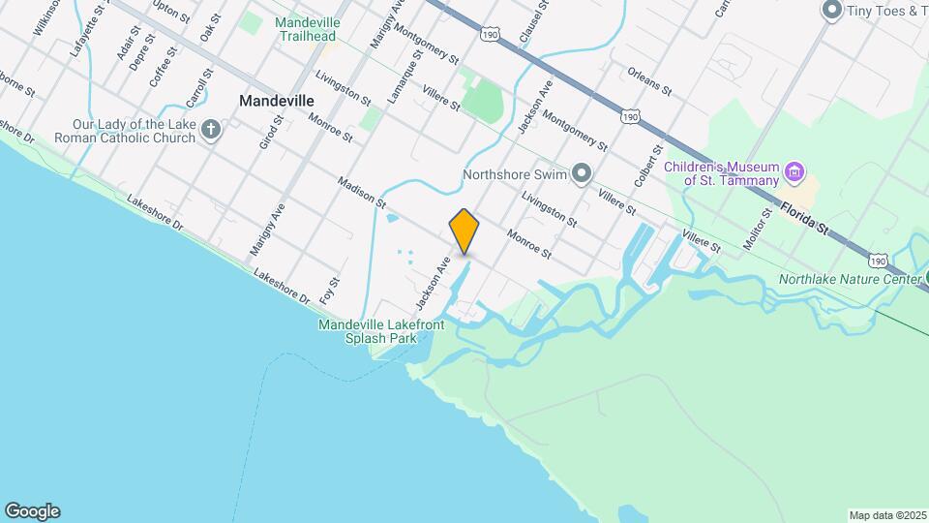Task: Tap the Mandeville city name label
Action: (x=277, y=100)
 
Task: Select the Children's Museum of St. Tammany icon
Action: (x=794, y=173)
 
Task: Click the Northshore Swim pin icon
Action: (x=581, y=174)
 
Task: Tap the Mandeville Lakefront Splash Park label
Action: (x=381, y=331)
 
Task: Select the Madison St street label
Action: (x=363, y=191)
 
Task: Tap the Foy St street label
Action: (x=331, y=288)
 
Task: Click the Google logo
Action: (x=32, y=511)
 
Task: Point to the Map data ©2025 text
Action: (x=885, y=514)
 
